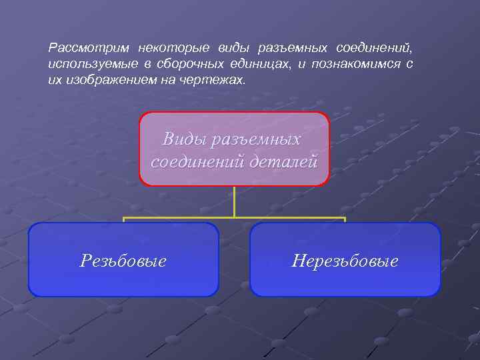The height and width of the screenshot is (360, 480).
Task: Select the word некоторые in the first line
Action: tap(173, 49)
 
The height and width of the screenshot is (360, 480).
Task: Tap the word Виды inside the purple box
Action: tap(182, 139)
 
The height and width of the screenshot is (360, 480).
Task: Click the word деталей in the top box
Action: tap(286, 162)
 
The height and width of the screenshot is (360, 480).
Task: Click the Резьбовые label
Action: tap(123, 261)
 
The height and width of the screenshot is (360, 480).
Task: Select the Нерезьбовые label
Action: tap(345, 261)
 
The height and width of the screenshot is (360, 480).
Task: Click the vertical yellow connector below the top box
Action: tap(234, 201)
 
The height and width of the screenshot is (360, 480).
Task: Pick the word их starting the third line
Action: tap(54, 79)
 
